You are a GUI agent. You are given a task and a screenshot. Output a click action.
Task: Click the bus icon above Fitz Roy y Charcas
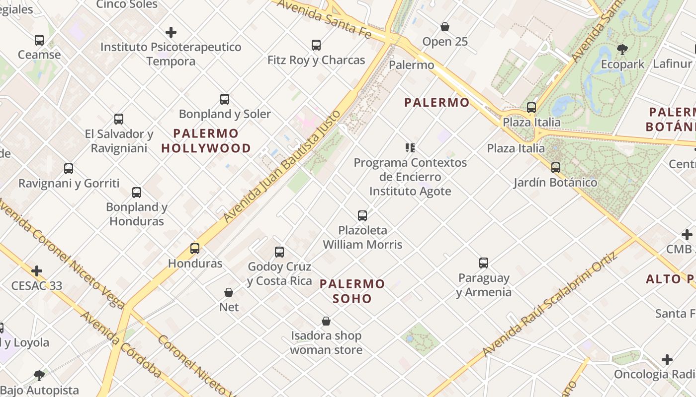click(x=316, y=45)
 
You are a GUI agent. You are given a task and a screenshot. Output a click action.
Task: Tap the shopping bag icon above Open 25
click(x=445, y=27)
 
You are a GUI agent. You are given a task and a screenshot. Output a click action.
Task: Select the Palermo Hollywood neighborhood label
click(x=206, y=141)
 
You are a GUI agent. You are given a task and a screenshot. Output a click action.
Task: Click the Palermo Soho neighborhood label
click(x=352, y=291)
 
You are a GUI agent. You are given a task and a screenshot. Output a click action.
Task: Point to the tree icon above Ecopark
click(x=622, y=49)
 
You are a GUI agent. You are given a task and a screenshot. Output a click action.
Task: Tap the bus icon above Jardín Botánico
click(x=556, y=168)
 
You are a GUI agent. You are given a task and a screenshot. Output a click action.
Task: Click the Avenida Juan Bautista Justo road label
click(x=282, y=166)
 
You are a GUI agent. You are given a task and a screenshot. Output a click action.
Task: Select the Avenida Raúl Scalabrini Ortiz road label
click(x=550, y=304)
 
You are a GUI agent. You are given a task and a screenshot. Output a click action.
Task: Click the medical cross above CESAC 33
click(x=37, y=271)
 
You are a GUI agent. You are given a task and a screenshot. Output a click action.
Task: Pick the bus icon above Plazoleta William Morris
click(x=362, y=215)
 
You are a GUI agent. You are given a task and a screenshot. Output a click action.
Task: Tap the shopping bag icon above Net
click(x=229, y=292)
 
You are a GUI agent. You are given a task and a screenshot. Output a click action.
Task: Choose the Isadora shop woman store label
click(x=326, y=342)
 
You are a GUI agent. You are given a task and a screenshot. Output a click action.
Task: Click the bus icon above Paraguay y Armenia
click(x=484, y=263)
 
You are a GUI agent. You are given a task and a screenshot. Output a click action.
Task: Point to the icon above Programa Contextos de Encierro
click(x=410, y=147)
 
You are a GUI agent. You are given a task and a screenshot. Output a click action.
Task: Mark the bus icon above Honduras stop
click(x=195, y=249)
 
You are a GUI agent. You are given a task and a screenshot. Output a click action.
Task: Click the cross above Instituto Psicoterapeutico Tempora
click(x=171, y=33)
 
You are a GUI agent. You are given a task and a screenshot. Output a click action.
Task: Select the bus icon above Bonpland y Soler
click(x=225, y=99)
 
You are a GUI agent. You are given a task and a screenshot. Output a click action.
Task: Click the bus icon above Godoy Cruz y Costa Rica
click(x=279, y=252)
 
